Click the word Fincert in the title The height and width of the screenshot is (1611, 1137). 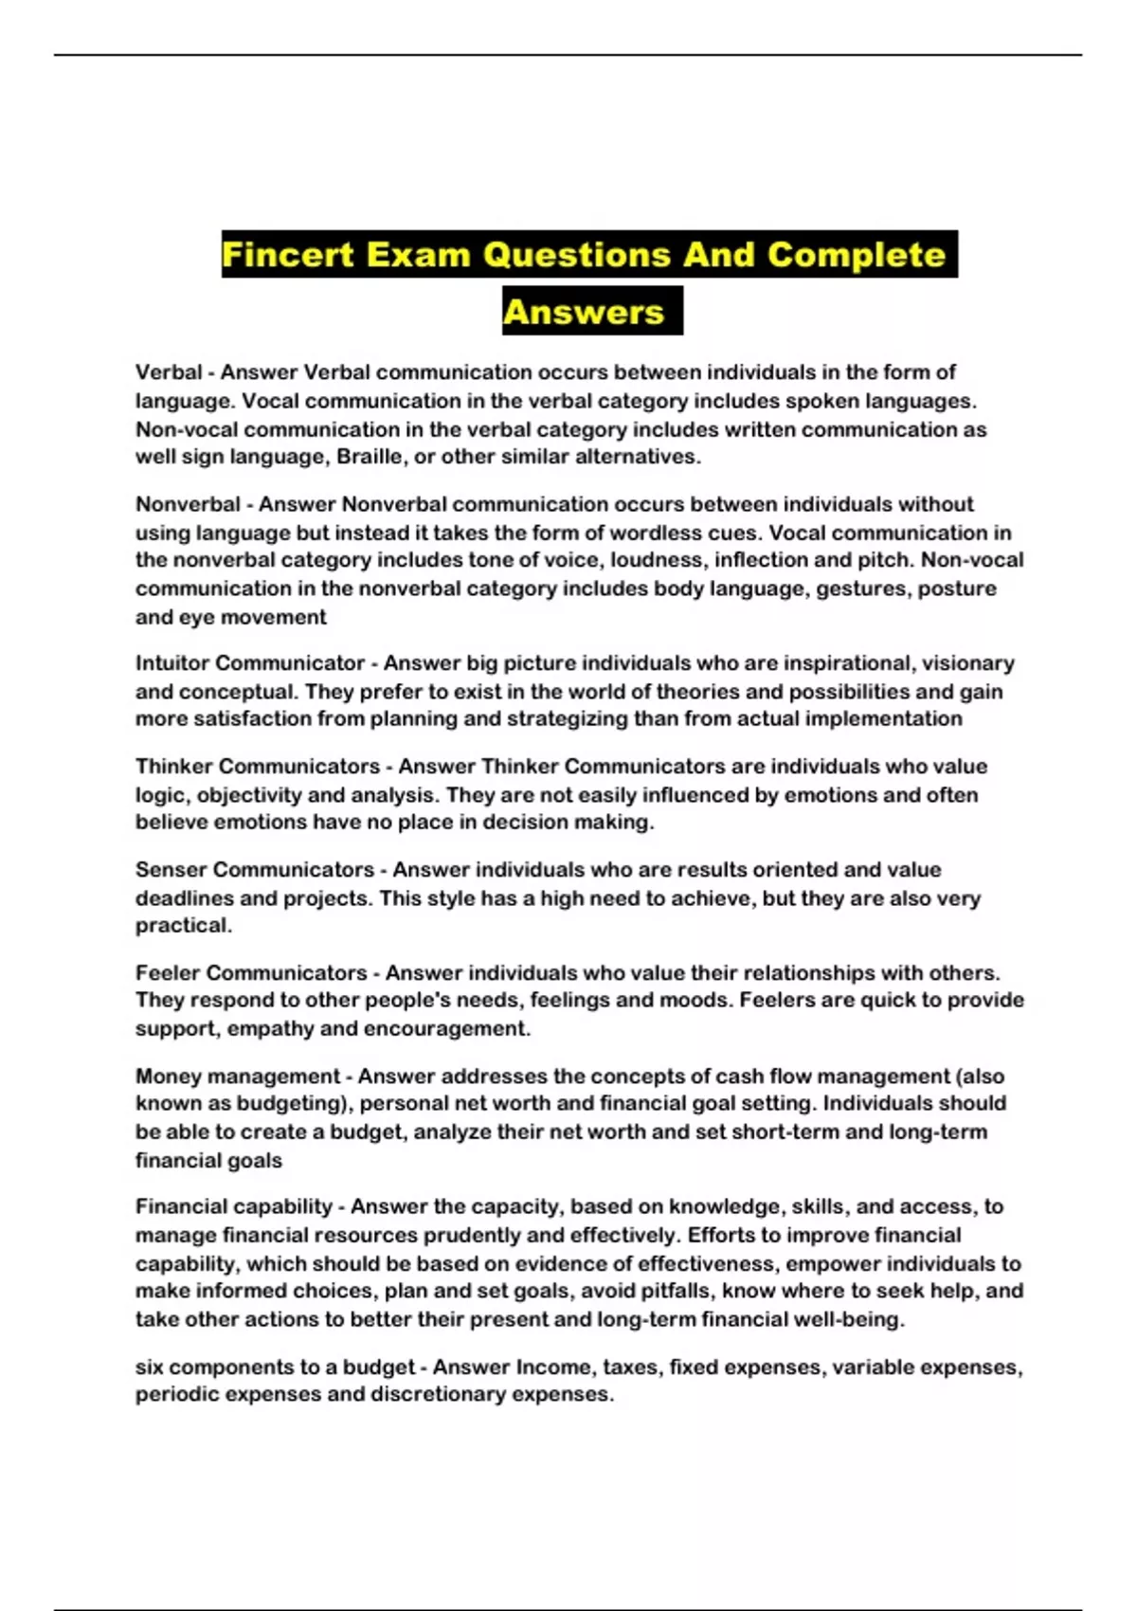287,255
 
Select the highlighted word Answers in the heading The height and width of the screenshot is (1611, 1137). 584,312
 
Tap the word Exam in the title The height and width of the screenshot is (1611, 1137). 418,255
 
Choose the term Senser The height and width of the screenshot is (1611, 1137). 165,870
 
